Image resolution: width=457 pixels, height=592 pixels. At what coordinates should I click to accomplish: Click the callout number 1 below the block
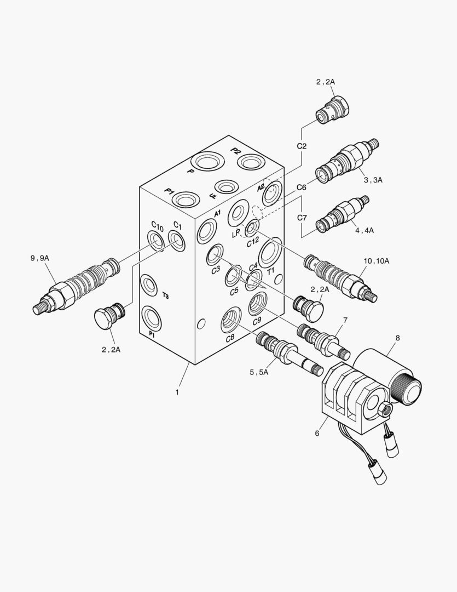pyautogui.click(x=177, y=392)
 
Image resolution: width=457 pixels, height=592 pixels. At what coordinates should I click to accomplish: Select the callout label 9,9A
pyautogui.click(x=40, y=258)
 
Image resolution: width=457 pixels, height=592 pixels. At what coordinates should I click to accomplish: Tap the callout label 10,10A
pyautogui.click(x=376, y=261)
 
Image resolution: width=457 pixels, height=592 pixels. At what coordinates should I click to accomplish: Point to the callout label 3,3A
pyautogui.click(x=372, y=179)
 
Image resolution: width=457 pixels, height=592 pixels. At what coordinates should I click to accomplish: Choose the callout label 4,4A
pyautogui.click(x=364, y=230)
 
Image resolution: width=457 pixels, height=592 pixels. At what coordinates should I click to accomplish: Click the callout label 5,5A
pyautogui.click(x=259, y=372)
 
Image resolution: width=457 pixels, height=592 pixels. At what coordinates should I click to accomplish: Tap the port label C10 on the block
pyautogui.click(x=157, y=226)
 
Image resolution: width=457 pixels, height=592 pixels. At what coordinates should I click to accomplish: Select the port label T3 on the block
pyautogui.click(x=165, y=295)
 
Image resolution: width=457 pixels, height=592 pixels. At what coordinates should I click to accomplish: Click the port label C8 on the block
pyautogui.click(x=230, y=338)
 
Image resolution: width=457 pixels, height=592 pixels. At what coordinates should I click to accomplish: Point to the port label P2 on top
pyautogui.click(x=236, y=151)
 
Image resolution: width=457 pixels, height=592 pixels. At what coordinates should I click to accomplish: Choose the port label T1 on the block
pyautogui.click(x=270, y=271)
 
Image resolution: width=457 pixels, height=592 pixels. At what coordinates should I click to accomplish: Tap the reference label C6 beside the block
pyautogui.click(x=302, y=187)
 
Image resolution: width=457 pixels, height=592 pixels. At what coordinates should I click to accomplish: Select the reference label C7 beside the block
pyautogui.click(x=302, y=218)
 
